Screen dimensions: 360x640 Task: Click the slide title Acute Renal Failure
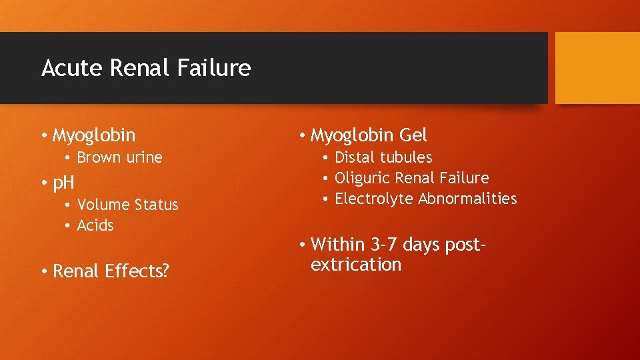(x=146, y=68)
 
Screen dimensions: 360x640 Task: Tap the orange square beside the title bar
(x=597, y=68)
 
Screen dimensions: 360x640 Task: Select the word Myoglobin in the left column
(x=94, y=135)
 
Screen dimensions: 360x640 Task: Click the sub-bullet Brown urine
(x=119, y=158)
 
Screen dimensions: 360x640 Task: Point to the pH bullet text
(x=63, y=183)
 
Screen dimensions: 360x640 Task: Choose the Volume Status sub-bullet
(x=127, y=205)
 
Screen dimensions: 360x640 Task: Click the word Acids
(x=95, y=225)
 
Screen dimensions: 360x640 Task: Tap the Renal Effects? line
(x=111, y=271)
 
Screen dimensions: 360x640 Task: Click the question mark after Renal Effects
(x=165, y=271)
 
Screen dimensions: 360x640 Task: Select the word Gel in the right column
(x=413, y=135)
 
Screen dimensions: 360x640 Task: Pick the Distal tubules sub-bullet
(x=383, y=158)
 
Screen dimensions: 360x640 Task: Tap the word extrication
(x=356, y=265)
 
